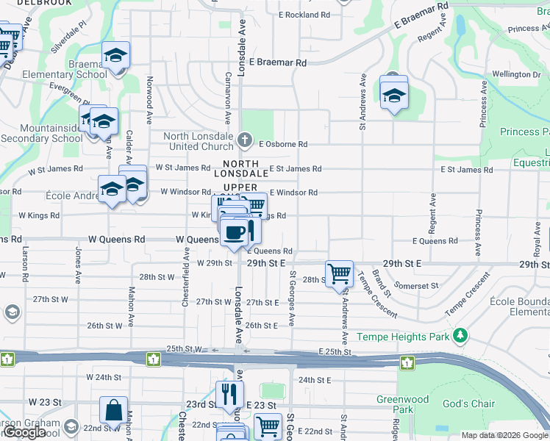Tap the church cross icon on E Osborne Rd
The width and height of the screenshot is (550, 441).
click(246, 139)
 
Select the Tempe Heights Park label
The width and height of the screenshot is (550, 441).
click(402, 337)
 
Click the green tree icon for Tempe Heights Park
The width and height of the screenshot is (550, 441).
click(460, 336)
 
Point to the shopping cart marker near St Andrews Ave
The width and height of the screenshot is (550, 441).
click(339, 274)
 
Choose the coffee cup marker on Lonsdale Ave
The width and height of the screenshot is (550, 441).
click(235, 233)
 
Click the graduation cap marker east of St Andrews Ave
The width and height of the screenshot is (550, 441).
click(394, 95)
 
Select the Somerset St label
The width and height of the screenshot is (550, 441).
click(416, 285)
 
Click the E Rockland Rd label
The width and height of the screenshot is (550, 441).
click(304, 15)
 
